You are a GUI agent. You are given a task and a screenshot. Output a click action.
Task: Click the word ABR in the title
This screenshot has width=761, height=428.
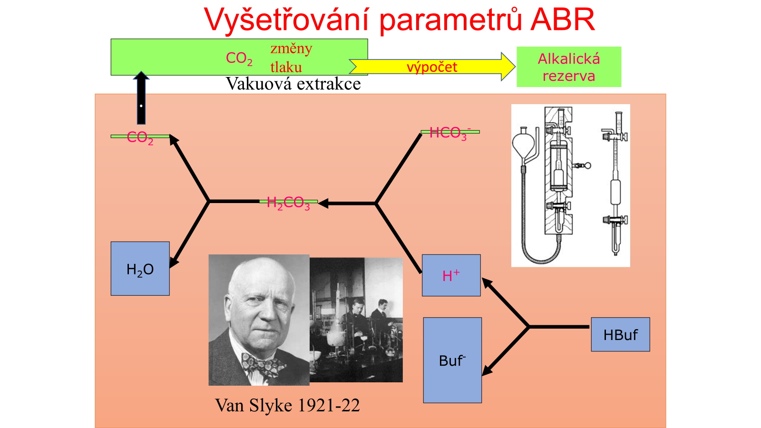[x=563, y=19]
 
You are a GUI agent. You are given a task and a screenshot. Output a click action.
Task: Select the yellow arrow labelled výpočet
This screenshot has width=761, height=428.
[x=432, y=67]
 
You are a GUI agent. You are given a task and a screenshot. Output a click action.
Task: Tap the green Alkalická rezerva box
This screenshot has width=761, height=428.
[x=569, y=67]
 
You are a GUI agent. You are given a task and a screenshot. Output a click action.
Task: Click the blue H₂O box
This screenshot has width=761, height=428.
[x=140, y=269]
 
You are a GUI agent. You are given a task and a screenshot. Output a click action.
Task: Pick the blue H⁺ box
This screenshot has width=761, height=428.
[x=451, y=275]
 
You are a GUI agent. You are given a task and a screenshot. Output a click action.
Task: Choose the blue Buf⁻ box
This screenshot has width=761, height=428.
[x=452, y=360]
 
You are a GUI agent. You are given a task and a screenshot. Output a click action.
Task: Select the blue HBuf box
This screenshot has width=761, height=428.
[x=620, y=335]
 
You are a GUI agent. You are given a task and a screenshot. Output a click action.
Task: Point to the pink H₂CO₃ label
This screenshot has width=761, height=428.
[x=288, y=203]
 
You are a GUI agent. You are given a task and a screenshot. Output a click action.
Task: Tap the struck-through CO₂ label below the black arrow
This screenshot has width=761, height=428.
[x=140, y=138]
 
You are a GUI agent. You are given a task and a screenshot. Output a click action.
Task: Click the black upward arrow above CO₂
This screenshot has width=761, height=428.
[x=141, y=98]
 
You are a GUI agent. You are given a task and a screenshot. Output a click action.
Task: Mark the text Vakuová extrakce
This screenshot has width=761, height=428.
[x=293, y=84]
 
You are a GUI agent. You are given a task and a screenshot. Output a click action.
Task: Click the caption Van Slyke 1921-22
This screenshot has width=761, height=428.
[x=287, y=405]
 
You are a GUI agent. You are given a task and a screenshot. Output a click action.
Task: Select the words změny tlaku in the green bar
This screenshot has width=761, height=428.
[x=291, y=58]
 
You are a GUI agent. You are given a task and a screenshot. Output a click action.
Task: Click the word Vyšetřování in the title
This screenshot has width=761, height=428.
[x=286, y=19]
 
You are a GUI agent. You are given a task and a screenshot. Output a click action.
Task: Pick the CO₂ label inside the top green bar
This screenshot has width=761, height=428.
[x=239, y=58]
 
